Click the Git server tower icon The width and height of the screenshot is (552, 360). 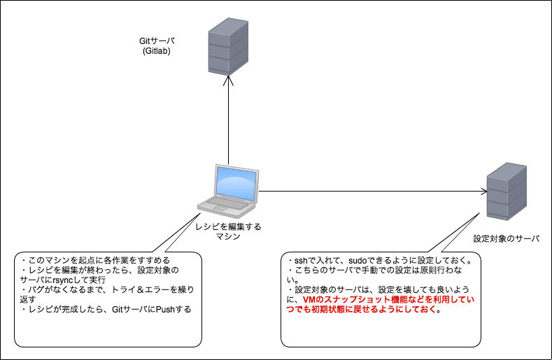(228, 46)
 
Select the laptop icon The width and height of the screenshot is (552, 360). (228, 192)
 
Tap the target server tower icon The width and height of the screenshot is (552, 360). (507, 192)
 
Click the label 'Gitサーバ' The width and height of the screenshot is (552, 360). (157, 41)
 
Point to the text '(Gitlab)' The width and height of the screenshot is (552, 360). (157, 51)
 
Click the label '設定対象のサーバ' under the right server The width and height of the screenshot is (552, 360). (507, 238)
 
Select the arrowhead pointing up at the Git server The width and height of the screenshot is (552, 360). (228, 80)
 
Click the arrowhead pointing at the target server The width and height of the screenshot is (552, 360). (483, 192)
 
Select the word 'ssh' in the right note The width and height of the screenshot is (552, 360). (301, 261)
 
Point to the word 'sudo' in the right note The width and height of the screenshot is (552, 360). (358, 261)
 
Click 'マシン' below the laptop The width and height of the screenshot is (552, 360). (228, 236)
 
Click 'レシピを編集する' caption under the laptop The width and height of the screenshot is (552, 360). (228, 226)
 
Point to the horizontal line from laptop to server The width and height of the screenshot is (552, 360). (373, 192)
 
